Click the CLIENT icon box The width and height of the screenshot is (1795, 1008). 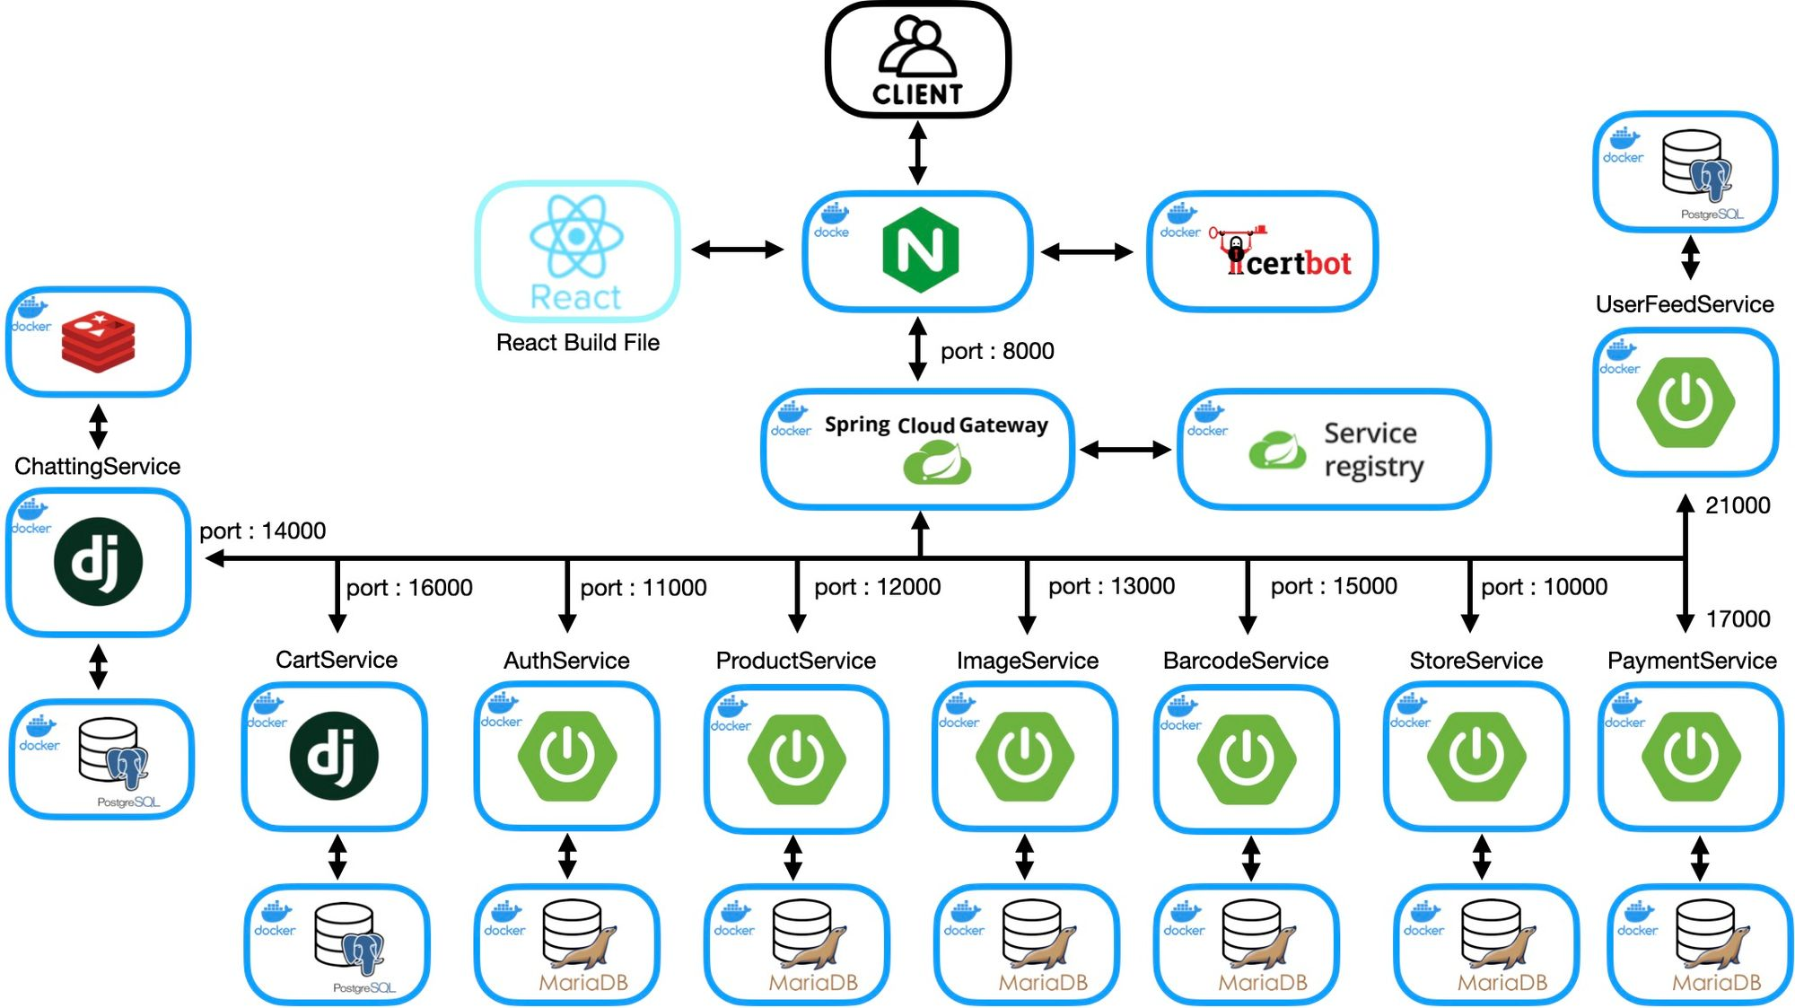pyautogui.click(x=917, y=60)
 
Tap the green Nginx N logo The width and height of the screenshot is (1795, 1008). pyautogui.click(x=920, y=250)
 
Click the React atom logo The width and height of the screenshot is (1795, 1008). pyautogui.click(x=576, y=237)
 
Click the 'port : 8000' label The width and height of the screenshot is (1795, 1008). pyautogui.click(x=996, y=351)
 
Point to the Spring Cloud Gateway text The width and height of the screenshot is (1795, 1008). pyautogui.click(x=936, y=425)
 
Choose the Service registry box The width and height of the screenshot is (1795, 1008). pyautogui.click(x=1334, y=449)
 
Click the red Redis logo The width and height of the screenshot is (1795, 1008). pyautogui.click(x=98, y=341)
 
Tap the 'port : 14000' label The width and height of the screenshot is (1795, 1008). pyautogui.click(x=262, y=531)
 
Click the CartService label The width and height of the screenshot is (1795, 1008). pyautogui.click(x=336, y=660)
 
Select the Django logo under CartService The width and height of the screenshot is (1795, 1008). pyautogui.click(x=334, y=756)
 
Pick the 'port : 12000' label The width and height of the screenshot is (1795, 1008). pyautogui.click(x=877, y=587)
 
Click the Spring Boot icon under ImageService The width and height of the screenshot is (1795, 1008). pyautogui.click(x=1025, y=756)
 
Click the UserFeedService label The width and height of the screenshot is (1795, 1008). pyautogui.click(x=1684, y=304)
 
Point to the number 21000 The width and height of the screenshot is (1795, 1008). pyautogui.click(x=1738, y=505)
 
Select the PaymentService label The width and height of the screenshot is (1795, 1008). pyautogui.click(x=1691, y=661)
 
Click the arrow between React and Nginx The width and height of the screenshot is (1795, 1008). pyautogui.click(x=738, y=250)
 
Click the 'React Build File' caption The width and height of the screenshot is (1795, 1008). pyautogui.click(x=577, y=343)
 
